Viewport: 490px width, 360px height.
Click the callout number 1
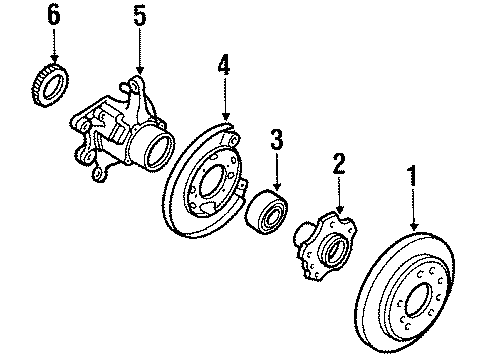click(413, 176)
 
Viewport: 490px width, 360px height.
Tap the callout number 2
click(339, 164)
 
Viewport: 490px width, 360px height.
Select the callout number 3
click(277, 139)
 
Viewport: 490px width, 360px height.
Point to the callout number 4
click(224, 65)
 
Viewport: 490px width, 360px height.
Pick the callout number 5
click(140, 16)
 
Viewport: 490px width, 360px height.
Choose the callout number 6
click(54, 15)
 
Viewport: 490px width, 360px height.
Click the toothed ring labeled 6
click(51, 85)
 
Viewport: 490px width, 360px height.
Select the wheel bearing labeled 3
click(266, 211)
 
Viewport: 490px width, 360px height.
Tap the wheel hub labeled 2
click(325, 244)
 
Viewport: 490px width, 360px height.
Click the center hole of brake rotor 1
click(417, 300)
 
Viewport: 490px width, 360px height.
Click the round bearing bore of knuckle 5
click(160, 150)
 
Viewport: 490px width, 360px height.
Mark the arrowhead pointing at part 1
click(414, 227)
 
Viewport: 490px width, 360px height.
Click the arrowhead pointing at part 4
click(226, 116)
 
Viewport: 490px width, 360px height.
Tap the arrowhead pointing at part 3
click(277, 187)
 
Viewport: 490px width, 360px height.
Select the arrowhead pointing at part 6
click(54, 59)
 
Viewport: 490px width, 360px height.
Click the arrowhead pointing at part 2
click(339, 209)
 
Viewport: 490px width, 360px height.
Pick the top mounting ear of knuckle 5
click(135, 84)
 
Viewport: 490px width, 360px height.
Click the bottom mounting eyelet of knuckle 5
click(97, 174)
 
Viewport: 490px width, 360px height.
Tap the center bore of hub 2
click(333, 250)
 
